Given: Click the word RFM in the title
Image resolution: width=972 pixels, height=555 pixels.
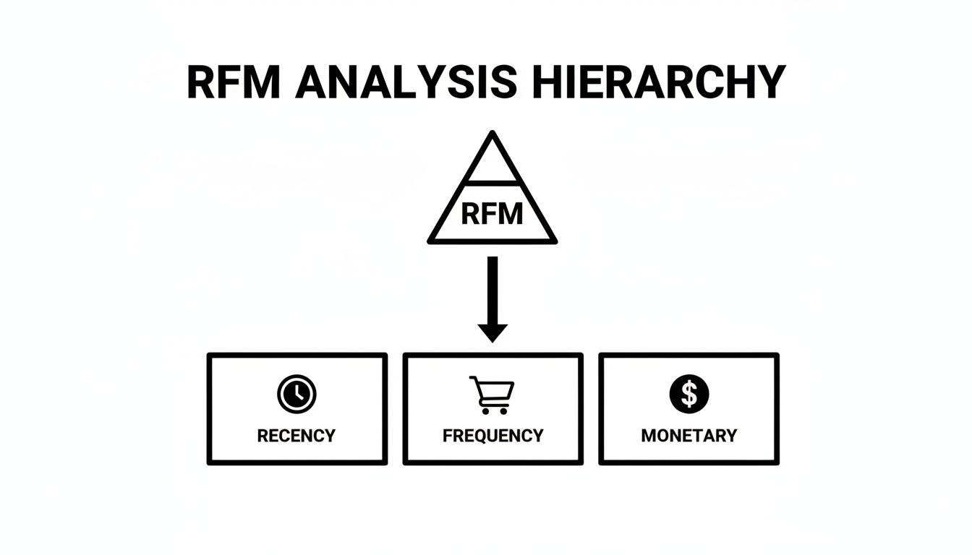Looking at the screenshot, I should tap(234, 82).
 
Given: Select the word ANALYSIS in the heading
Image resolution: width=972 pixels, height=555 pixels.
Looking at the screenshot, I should tap(406, 82).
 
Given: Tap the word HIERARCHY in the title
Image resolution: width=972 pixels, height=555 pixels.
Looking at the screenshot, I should tap(659, 82).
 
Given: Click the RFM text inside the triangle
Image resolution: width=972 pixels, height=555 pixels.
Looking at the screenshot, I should tap(492, 215).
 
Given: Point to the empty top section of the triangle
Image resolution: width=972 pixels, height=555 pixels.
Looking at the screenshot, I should tap(493, 165).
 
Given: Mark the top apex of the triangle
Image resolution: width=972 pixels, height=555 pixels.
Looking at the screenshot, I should tap(493, 134).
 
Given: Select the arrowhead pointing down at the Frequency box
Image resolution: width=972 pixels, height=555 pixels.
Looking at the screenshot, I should tap(493, 332).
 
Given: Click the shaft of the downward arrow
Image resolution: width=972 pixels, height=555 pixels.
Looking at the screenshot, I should tap(493, 289).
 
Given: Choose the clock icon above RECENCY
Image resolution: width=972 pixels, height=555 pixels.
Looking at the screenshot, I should tap(297, 394).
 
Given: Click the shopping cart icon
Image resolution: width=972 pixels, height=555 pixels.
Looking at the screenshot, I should tap(493, 395).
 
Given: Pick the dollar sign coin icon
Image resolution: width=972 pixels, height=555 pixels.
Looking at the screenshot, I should tap(689, 394).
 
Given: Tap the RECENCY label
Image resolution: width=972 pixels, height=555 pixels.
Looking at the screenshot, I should tap(297, 436).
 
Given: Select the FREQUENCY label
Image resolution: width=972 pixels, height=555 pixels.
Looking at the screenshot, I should tap(493, 436).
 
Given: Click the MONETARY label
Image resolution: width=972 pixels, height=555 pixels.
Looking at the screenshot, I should tap(689, 436).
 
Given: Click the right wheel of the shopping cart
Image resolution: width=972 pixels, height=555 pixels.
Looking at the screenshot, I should tap(503, 410).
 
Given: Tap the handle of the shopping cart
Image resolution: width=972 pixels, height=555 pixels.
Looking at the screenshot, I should tap(474, 379).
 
